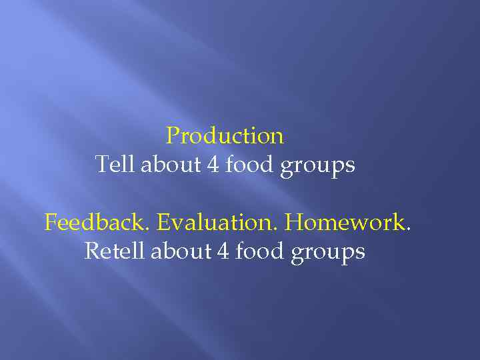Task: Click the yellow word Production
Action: pos(225,136)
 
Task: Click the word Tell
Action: pos(115,164)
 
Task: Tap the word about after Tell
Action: pos(172,164)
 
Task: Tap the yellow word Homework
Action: pos(344,222)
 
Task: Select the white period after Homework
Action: pos(407,229)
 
